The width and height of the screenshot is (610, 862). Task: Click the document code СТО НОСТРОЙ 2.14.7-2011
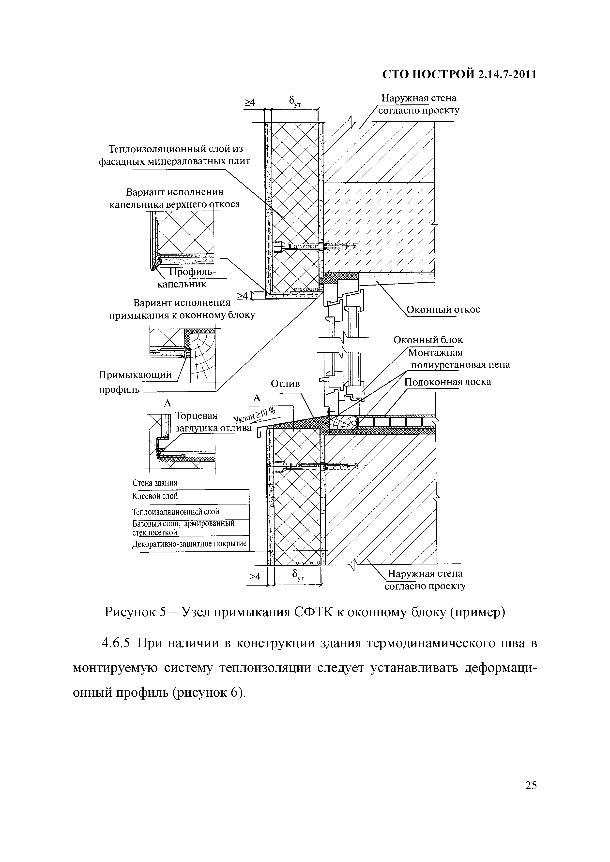[x=459, y=74]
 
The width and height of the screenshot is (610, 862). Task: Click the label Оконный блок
[x=428, y=340]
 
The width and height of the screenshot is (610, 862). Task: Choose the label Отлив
[x=285, y=384]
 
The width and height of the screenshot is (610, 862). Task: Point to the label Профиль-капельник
[x=188, y=278]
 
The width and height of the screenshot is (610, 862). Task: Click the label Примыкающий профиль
[x=135, y=382]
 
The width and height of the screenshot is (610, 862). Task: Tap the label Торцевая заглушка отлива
[x=207, y=422]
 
